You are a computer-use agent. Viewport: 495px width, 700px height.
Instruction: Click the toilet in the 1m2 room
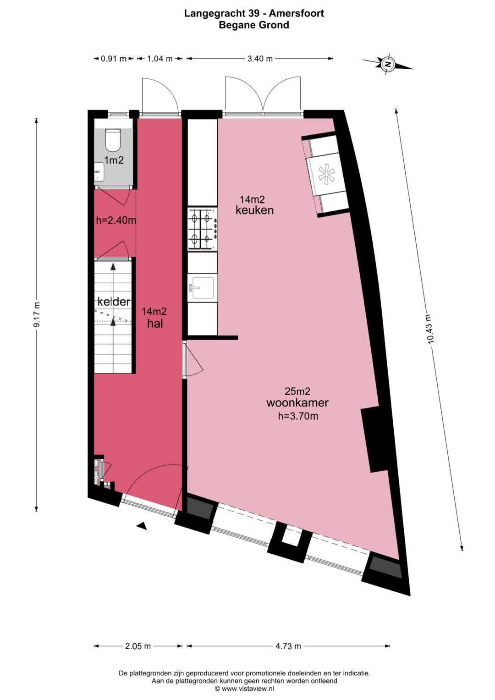click(113, 140)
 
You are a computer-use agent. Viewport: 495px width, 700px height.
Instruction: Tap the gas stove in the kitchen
click(203, 229)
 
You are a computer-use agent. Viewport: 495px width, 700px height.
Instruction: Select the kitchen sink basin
click(203, 287)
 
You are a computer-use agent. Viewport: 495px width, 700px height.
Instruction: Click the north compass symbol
click(388, 64)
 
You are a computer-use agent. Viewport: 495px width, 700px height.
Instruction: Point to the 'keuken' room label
click(254, 210)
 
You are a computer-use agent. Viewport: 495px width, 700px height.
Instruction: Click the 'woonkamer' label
click(297, 403)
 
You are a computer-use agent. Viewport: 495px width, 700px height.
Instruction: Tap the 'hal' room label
click(155, 324)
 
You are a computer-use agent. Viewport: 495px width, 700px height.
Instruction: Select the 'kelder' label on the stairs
click(114, 302)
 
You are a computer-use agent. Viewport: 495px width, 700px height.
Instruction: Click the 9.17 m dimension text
click(37, 314)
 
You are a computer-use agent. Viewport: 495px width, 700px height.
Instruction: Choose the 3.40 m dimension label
click(260, 58)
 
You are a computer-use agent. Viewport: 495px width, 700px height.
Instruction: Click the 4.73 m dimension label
click(288, 646)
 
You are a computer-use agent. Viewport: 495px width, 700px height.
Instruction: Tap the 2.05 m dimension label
click(138, 646)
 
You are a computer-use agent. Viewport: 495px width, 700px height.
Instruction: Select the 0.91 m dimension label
click(114, 58)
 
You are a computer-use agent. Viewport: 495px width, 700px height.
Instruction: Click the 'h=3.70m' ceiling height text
click(298, 416)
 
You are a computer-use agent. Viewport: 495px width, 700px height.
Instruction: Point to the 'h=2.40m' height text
click(116, 220)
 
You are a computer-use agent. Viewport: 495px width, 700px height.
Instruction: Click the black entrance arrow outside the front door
click(142, 526)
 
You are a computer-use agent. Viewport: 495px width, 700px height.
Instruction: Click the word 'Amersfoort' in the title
click(297, 13)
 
